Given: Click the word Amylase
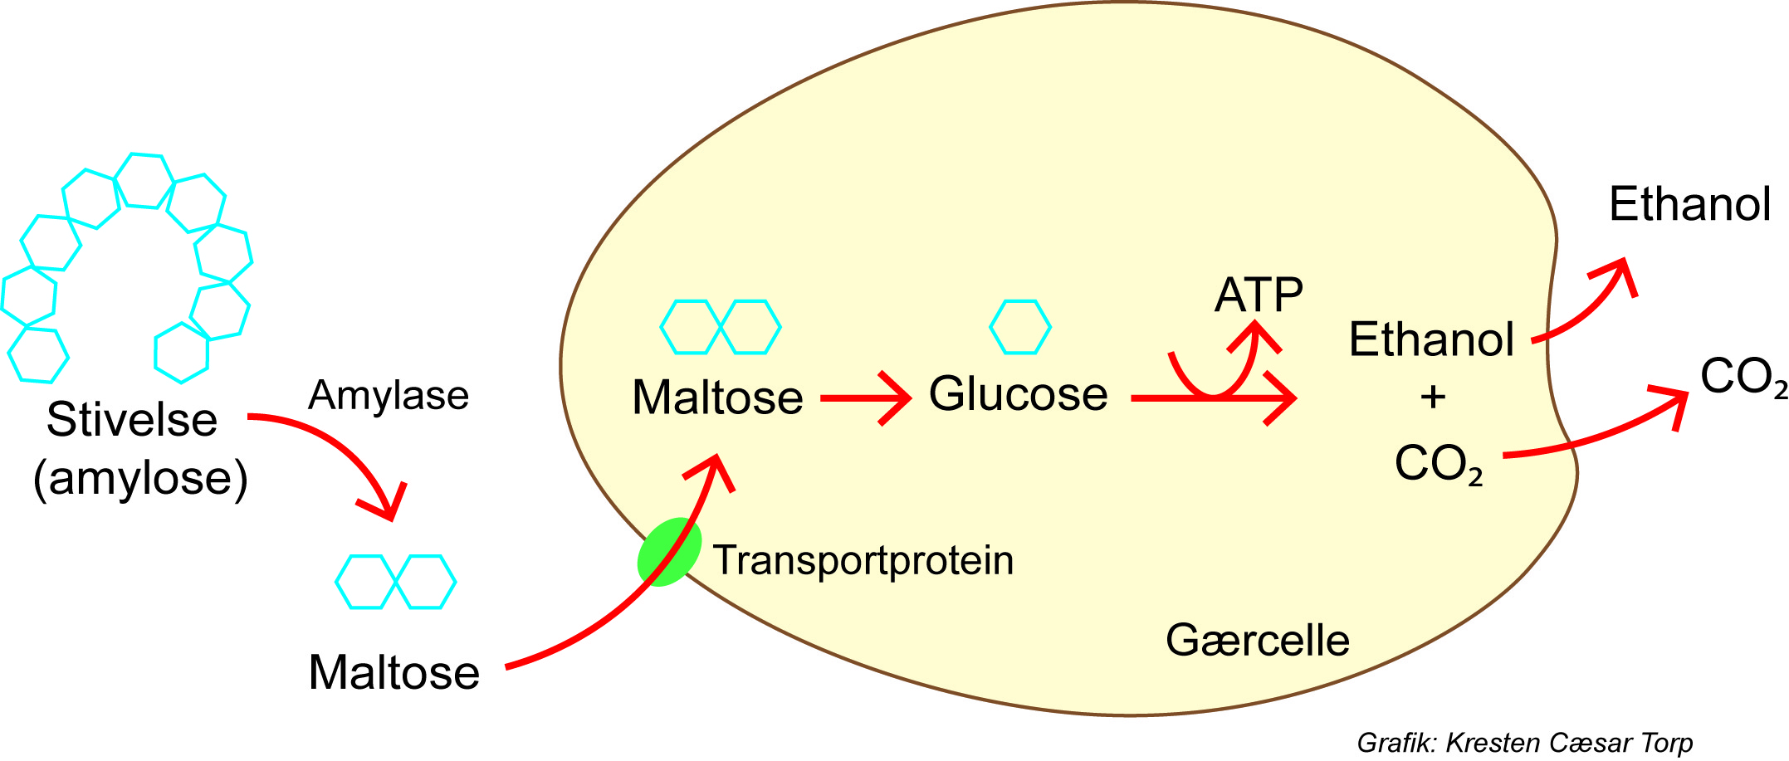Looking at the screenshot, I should [389, 396].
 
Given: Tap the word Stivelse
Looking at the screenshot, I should [131, 420].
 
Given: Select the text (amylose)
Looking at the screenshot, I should [140, 479].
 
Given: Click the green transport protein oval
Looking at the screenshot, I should [667, 553].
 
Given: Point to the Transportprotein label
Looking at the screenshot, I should [863, 561].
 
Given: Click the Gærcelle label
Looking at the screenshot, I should [1257, 641].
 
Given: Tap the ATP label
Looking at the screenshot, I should [1259, 295].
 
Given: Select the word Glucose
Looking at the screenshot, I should [1018, 394].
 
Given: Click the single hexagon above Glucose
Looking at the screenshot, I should [1020, 327].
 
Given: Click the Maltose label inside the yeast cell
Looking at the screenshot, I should [717, 398].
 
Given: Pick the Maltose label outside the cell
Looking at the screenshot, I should [393, 672].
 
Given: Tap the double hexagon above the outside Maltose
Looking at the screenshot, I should [395, 582].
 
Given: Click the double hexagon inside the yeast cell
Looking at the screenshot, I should [720, 327].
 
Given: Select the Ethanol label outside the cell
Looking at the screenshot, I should [1689, 204].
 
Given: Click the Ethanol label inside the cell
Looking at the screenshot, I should [1431, 339].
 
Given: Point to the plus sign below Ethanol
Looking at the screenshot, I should [1433, 397].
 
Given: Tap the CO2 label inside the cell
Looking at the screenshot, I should [1438, 463].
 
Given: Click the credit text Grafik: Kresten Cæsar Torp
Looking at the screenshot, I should [1524, 743].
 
